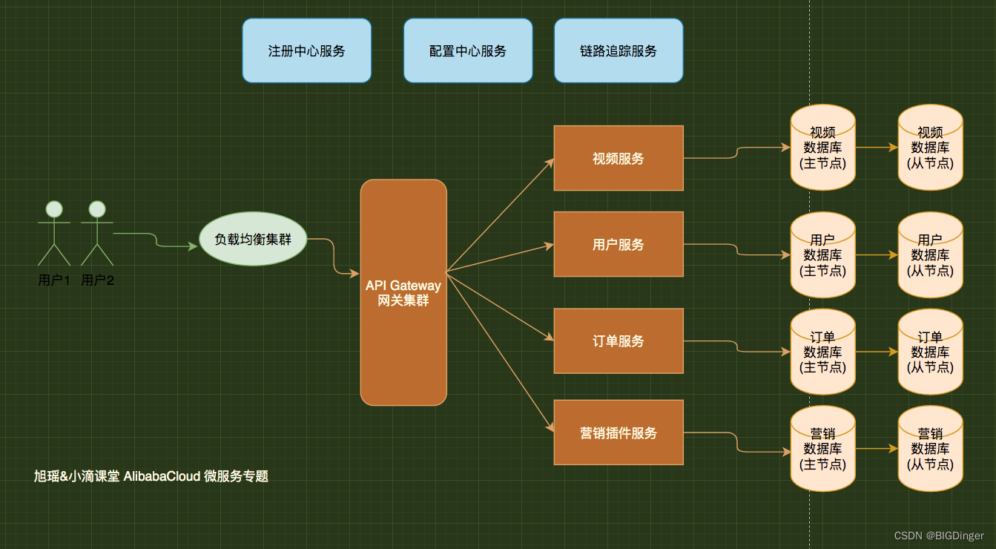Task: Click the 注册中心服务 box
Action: click(306, 50)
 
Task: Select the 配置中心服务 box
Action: click(468, 50)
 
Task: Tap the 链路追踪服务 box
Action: click(619, 50)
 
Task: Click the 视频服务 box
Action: click(619, 158)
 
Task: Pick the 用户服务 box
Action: click(619, 244)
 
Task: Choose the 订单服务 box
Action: click(619, 341)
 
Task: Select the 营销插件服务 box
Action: click(619, 433)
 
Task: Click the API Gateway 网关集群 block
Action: click(403, 292)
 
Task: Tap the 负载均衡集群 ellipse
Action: click(253, 240)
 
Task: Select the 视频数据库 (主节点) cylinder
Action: click(822, 148)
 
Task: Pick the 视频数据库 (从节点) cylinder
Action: click(930, 148)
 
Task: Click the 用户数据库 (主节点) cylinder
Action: click(822, 255)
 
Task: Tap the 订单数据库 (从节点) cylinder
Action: click(930, 352)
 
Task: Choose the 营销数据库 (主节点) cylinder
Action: click(822, 449)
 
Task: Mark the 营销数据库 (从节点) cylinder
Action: click(930, 449)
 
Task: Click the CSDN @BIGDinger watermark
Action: click(939, 536)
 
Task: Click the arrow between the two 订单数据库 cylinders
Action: click(877, 352)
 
